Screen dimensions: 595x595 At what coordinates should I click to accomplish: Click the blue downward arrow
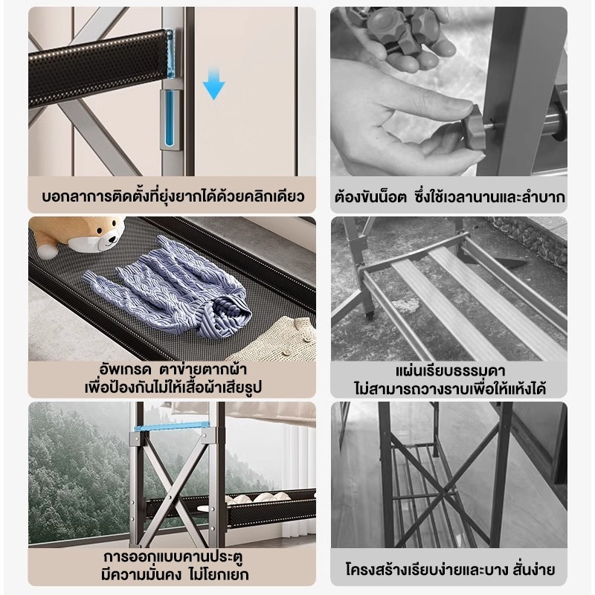click(x=213, y=83)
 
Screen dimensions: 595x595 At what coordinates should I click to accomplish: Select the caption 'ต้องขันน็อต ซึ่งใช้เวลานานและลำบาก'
click(x=449, y=197)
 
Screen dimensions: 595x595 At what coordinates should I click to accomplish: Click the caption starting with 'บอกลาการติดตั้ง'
click(x=173, y=197)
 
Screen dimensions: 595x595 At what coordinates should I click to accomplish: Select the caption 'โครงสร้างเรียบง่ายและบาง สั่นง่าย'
click(x=450, y=570)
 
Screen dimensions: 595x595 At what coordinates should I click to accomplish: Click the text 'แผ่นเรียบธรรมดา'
click(x=450, y=370)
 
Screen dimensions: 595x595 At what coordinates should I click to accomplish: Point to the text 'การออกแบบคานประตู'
click(x=173, y=557)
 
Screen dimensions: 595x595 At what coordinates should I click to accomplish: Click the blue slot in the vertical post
click(x=170, y=118)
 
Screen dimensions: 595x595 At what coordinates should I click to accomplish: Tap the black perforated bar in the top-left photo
click(x=98, y=68)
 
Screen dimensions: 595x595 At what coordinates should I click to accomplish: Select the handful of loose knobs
click(x=399, y=28)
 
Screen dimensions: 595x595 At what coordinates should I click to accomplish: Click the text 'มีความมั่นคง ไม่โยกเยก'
click(x=175, y=575)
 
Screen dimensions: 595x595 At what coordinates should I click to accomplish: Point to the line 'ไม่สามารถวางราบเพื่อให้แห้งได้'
click(x=450, y=389)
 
